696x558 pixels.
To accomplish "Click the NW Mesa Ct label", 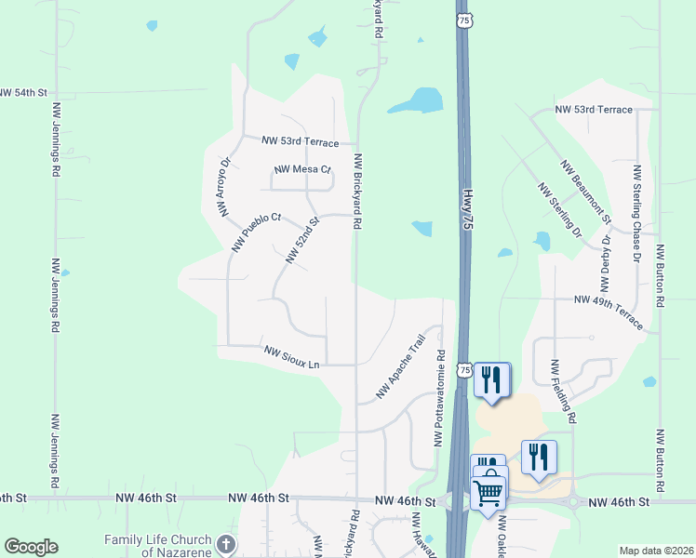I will coord(302,170).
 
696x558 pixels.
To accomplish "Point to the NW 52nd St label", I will coord(302,241).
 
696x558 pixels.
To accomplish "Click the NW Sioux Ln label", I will coord(291,356).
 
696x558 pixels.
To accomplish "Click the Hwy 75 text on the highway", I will coord(466,216).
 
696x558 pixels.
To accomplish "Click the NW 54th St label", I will coord(23,93).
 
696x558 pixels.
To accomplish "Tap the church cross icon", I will coord(225,543).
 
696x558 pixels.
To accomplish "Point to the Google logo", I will coord(31,547).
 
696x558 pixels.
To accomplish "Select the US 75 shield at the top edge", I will coord(463,20).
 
